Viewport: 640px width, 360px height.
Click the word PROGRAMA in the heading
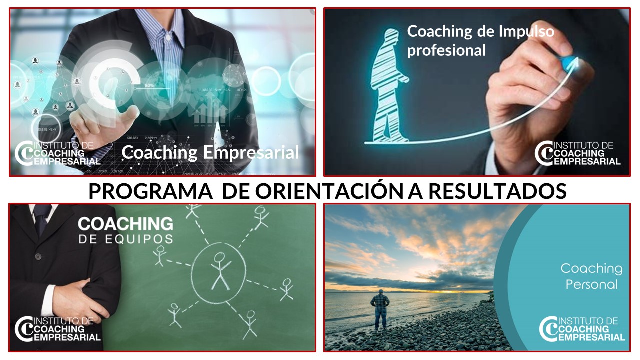pos(151,191)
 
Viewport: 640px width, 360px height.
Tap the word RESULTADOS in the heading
pos(497,191)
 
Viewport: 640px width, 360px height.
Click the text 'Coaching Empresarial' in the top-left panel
pos(210,153)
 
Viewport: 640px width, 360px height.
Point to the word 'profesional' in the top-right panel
pos(446,51)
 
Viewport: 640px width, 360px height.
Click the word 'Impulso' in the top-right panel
pos(526,32)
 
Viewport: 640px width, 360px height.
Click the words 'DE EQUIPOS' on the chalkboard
pos(125,239)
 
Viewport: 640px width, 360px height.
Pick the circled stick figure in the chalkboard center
pos(220,271)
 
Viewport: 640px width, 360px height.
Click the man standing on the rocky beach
pos(380,309)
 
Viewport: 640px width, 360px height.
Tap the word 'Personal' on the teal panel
pos(591,285)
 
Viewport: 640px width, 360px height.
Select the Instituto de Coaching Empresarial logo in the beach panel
pos(582,329)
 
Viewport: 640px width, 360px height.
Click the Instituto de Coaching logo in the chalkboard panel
pos(58,329)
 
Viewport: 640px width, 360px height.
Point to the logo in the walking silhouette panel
pos(577,153)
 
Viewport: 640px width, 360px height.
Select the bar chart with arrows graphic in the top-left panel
pos(210,108)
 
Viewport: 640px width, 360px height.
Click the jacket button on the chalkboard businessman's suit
pos(38,256)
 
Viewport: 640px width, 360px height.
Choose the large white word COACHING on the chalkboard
pos(125,224)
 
